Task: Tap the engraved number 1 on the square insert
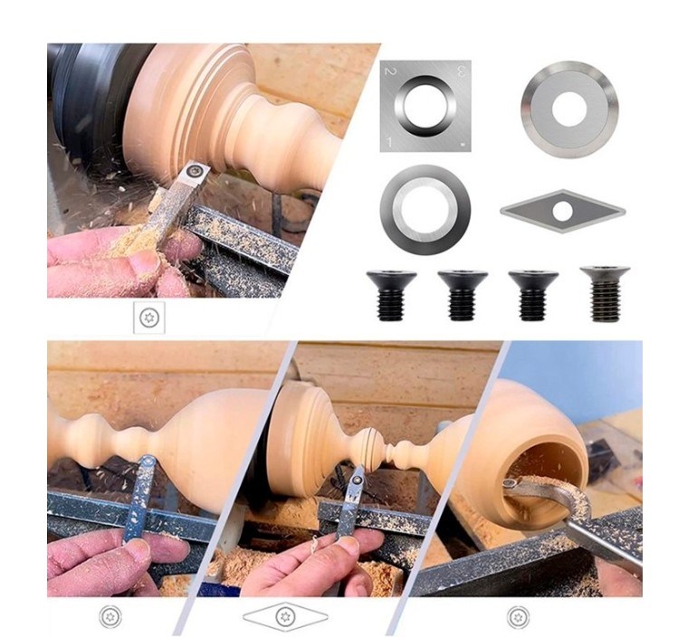[388, 142]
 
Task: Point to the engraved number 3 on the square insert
[461, 71]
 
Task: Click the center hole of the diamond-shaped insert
[562, 212]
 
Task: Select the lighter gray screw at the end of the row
[605, 293]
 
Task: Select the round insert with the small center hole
[569, 109]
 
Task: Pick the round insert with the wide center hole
[425, 209]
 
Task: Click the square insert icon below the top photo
[149, 318]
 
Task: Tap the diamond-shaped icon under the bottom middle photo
[285, 616]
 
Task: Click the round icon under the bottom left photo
[110, 616]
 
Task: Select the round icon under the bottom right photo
[519, 617]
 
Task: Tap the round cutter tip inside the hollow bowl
[509, 485]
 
